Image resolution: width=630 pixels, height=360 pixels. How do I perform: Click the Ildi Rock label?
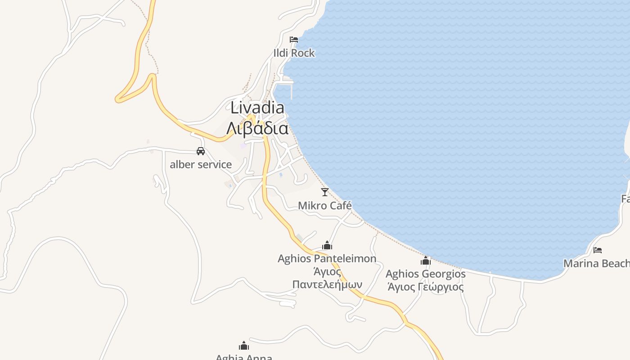tap(294, 53)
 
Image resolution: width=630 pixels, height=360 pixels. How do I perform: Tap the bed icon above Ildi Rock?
tap(294, 40)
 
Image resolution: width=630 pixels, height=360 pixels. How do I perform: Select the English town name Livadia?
tap(257, 108)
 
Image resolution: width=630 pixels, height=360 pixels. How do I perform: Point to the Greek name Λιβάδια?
tap(257, 129)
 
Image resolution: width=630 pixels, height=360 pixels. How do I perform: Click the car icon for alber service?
tap(201, 151)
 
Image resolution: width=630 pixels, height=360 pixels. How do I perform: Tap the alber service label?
tap(201, 165)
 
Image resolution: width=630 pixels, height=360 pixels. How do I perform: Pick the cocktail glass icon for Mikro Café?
tap(325, 192)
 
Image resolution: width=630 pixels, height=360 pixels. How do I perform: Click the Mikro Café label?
tap(325, 206)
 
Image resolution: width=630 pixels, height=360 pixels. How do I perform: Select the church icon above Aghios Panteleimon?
tap(327, 246)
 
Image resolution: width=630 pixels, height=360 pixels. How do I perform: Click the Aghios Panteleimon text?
tap(327, 259)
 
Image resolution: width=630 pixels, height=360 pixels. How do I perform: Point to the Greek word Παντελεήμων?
tap(327, 284)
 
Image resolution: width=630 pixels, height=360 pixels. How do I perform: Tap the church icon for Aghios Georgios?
tap(426, 261)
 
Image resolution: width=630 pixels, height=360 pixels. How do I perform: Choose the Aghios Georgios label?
tap(426, 274)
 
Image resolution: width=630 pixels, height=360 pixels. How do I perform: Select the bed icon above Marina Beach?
tap(598, 250)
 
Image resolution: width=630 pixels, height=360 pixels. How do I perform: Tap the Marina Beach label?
tap(596, 263)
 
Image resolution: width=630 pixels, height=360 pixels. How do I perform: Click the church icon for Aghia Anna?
tap(244, 346)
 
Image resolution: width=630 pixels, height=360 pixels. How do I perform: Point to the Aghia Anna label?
tap(244, 357)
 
